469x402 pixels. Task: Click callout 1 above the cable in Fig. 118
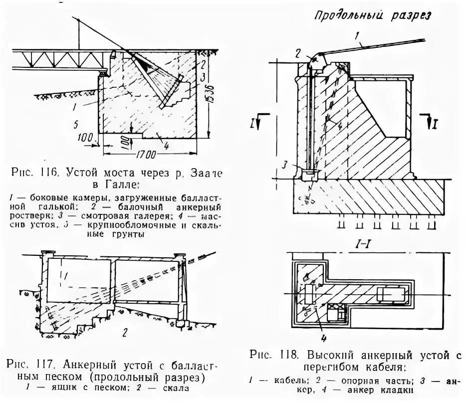pyautogui.click(x=357, y=36)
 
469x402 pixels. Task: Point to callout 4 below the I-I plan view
pyautogui.click(x=323, y=338)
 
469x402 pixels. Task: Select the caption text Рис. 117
pyautogui.click(x=33, y=362)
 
